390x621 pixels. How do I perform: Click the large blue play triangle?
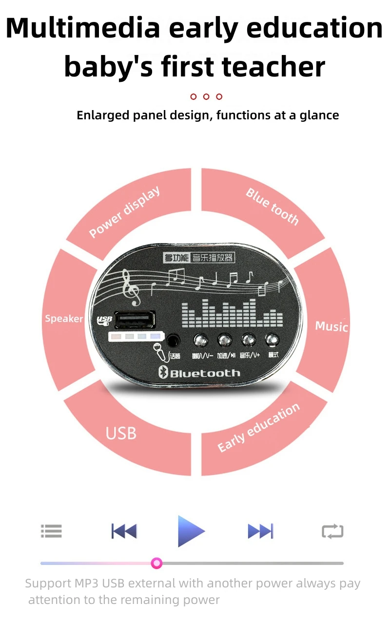(x=190, y=530)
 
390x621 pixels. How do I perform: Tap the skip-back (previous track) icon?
(x=124, y=531)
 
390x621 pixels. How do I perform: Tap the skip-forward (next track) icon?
(x=260, y=531)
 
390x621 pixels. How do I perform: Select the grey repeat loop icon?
(x=332, y=531)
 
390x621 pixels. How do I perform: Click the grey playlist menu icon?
(x=51, y=531)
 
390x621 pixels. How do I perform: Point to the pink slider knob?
(x=156, y=564)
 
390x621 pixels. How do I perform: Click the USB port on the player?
(x=135, y=321)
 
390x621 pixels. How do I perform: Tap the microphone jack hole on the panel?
(x=173, y=340)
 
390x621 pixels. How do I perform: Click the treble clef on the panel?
(x=131, y=288)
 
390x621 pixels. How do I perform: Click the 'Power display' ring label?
(x=125, y=212)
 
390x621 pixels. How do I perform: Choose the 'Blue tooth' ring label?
(x=272, y=207)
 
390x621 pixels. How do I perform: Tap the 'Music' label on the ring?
(x=331, y=326)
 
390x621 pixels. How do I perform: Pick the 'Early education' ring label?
(x=258, y=427)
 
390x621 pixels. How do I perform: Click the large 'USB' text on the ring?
(x=121, y=433)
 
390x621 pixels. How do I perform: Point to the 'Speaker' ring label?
(x=64, y=319)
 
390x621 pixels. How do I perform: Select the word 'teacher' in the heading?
(x=274, y=67)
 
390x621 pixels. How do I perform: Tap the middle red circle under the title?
(x=206, y=96)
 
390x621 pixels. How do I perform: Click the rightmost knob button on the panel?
(x=272, y=339)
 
